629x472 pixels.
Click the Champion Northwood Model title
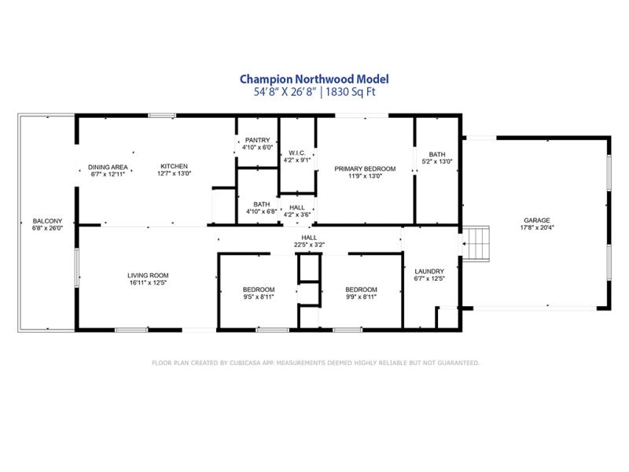tap(314, 79)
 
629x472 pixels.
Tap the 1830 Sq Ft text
tap(351, 92)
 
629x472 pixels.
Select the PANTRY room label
tap(258, 140)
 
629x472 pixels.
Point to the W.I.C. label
tap(297, 153)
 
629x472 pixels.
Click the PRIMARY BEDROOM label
tap(365, 168)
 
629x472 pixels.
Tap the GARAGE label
tap(537, 220)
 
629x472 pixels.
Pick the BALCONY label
tap(47, 221)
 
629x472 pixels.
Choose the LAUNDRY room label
tap(429, 271)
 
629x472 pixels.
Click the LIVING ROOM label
tap(148, 275)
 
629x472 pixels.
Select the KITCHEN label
tap(174, 166)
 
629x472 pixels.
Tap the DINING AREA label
tap(108, 167)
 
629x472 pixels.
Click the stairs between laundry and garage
tap(476, 244)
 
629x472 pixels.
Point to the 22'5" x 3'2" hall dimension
tap(309, 245)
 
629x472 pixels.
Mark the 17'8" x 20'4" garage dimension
tap(537, 227)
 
